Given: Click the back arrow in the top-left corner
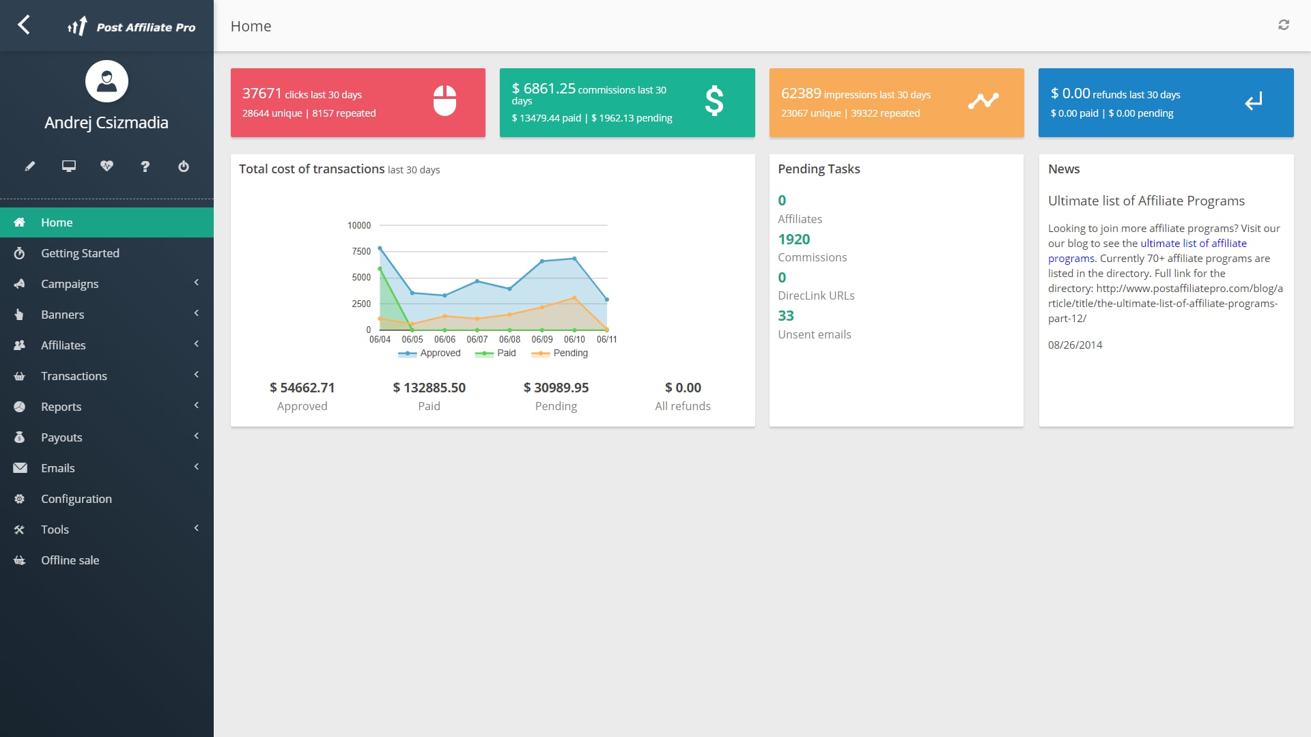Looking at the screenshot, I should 24,25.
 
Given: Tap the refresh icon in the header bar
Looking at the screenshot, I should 1284,25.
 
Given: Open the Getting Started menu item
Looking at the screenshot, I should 80,253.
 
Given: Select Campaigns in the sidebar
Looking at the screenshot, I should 70,284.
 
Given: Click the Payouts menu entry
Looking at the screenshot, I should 61,437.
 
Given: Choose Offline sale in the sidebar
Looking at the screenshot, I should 70,560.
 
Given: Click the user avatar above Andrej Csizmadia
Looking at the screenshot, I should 107,81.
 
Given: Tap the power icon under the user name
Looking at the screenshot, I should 184,167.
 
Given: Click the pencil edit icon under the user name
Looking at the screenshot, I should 30,167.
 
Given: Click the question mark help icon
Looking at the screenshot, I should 145,167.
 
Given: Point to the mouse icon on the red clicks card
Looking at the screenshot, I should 445,101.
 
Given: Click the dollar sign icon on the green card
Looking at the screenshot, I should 714,101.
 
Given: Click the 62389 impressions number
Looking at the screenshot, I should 801,93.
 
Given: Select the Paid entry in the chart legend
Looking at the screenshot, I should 506,353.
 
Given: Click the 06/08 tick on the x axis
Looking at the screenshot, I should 509,339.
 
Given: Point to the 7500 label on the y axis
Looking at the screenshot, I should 361,251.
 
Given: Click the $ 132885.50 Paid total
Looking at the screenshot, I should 429,388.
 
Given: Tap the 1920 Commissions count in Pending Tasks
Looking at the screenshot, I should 794,240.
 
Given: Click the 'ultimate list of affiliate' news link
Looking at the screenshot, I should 1193,244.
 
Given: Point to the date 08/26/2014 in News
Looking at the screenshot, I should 1075,345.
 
